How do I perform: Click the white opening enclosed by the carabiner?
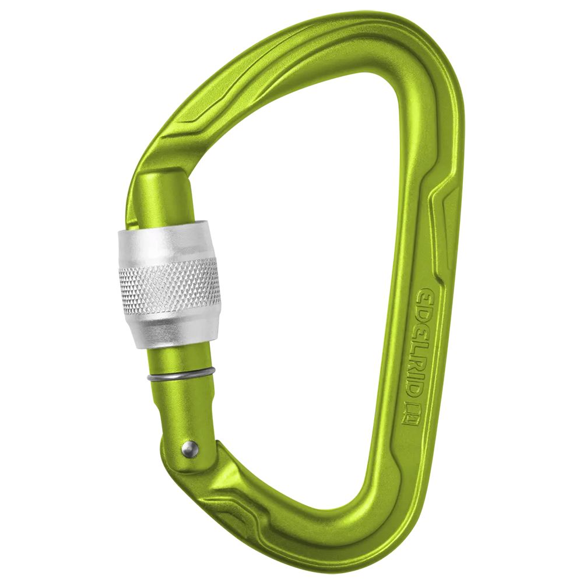point(303,262)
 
